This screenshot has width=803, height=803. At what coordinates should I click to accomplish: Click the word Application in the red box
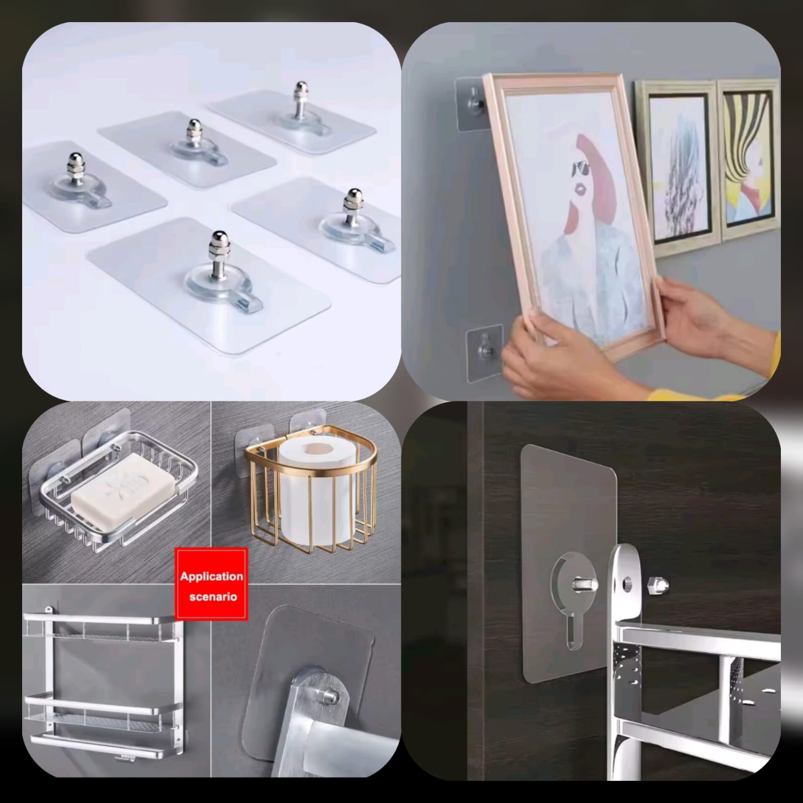pos(211,576)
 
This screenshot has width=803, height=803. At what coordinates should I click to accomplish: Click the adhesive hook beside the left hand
pos(484,348)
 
